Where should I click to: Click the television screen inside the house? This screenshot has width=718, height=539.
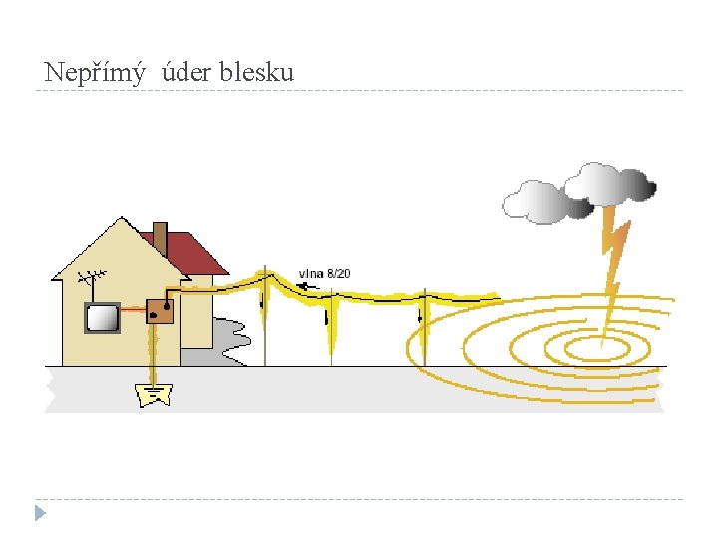(x=101, y=318)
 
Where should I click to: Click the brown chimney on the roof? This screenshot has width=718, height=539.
(x=160, y=238)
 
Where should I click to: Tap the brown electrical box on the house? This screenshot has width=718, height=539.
(x=160, y=311)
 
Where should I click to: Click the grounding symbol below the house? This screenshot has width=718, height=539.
(x=155, y=394)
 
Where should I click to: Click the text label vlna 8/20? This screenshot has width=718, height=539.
(x=325, y=273)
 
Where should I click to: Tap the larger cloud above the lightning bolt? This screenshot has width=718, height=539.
(x=610, y=183)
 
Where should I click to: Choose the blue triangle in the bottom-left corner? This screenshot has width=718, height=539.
(x=39, y=513)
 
